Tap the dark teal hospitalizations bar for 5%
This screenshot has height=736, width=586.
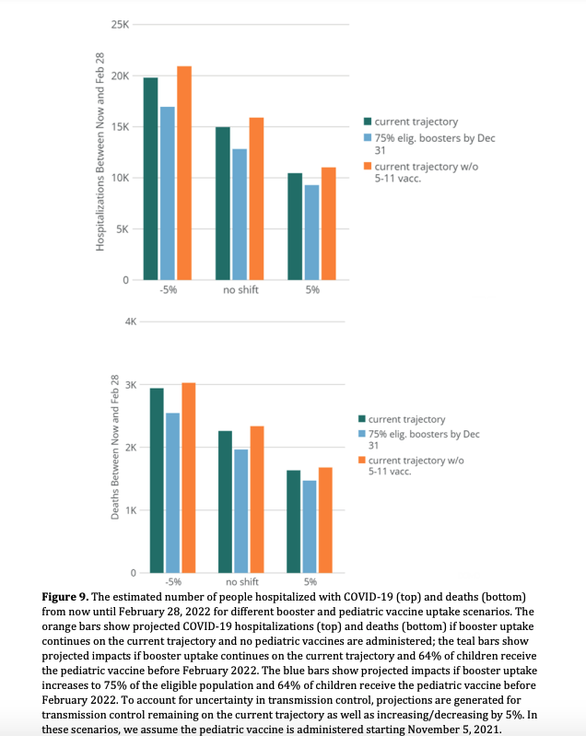(295, 227)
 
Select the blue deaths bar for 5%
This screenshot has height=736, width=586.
(310, 526)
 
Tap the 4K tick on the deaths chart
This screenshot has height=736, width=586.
(130, 321)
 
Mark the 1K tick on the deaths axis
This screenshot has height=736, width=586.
(130, 510)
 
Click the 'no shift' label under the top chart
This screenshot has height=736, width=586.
(240, 290)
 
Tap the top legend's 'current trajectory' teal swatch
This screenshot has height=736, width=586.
(367, 121)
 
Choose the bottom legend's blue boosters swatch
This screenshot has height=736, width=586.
(361, 434)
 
